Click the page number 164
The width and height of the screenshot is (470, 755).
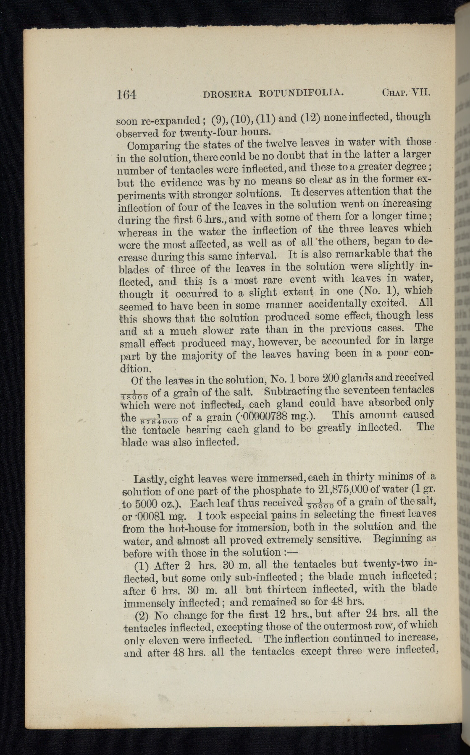pos(126,94)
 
